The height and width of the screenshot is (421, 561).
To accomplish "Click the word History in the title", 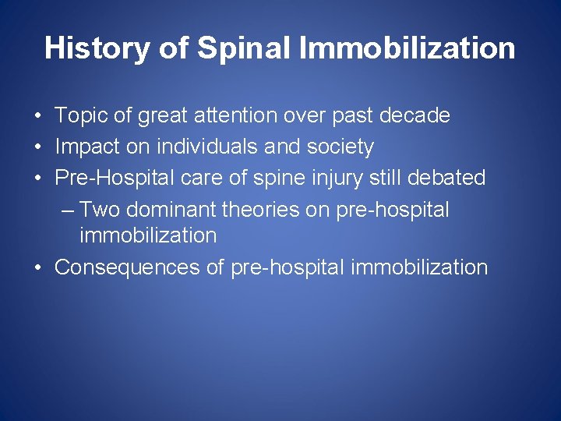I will (x=96, y=48).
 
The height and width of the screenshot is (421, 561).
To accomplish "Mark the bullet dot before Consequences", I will (x=38, y=268).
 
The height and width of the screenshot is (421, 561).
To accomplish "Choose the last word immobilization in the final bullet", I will (x=419, y=267).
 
